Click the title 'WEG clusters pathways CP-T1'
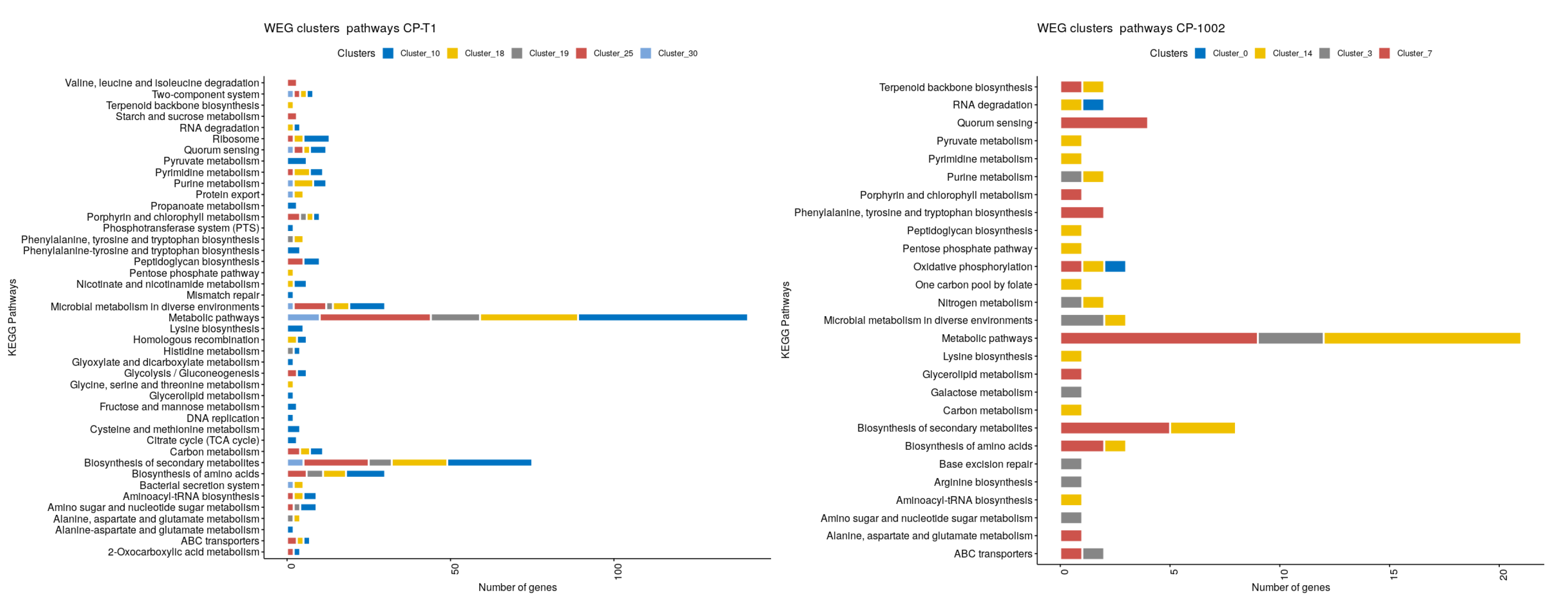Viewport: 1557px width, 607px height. (350, 28)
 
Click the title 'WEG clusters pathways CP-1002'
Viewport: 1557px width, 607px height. (1130, 28)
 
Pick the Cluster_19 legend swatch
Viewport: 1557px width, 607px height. (517, 53)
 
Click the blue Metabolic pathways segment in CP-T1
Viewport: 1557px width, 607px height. (662, 317)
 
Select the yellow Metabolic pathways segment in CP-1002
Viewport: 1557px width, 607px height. (1422, 338)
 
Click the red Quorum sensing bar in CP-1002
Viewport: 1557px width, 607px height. (1104, 123)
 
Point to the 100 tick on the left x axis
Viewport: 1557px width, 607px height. (617, 571)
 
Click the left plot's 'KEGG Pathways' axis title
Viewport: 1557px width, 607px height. (13, 317)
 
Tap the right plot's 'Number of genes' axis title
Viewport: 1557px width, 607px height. (1290, 588)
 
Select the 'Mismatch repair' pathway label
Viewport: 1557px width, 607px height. (223, 295)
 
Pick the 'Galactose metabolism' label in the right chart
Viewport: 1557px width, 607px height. (981, 393)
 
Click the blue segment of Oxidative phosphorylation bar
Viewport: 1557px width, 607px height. (1115, 267)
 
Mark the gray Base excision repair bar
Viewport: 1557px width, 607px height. (1070, 464)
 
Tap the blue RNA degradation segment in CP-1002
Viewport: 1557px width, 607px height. (1093, 105)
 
